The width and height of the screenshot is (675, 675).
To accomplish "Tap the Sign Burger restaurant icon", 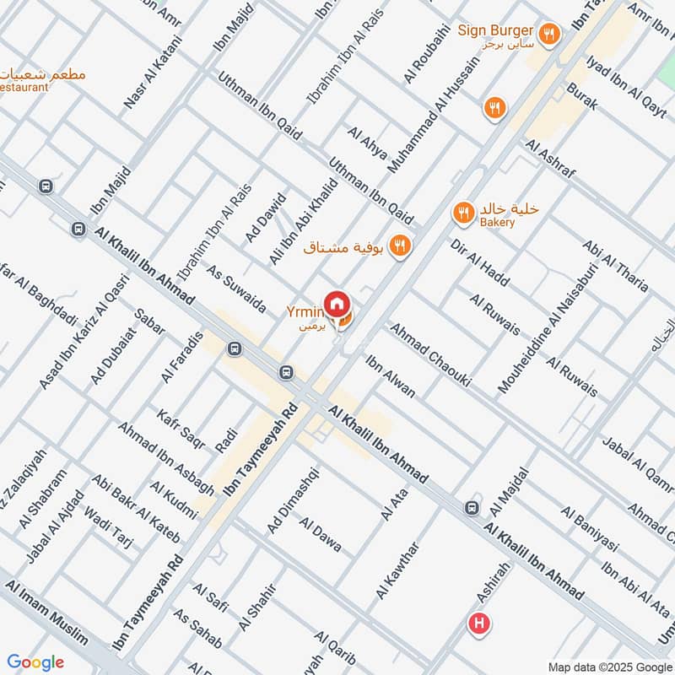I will [548, 33].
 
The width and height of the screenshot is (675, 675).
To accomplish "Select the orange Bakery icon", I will [462, 213].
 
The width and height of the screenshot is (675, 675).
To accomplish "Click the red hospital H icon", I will [479, 625].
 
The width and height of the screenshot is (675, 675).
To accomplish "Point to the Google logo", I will [35, 662].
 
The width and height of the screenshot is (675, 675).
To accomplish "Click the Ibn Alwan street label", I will [390, 375].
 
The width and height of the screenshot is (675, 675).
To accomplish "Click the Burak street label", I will [582, 97].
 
